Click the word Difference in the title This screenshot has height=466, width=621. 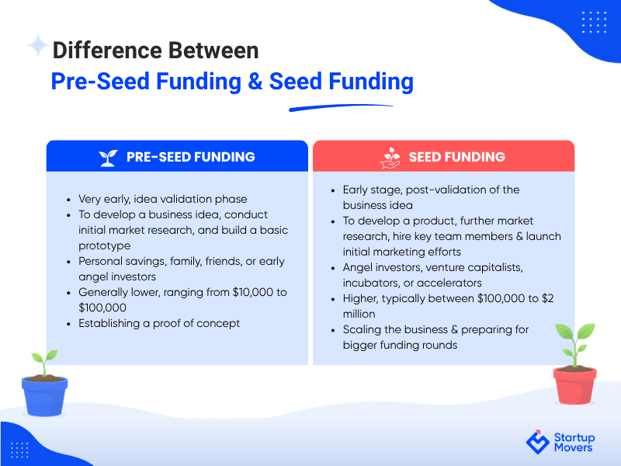point(106,50)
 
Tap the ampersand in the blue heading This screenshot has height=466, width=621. point(255,82)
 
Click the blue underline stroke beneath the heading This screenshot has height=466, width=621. point(341,107)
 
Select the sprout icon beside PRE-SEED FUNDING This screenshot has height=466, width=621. point(108,158)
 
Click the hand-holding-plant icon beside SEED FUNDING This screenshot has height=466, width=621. point(390,158)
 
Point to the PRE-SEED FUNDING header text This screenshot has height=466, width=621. point(190,157)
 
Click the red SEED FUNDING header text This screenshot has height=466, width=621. point(457,157)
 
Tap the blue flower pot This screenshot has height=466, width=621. point(44,396)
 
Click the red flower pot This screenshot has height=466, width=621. point(574,385)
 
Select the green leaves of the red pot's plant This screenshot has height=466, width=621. point(575,338)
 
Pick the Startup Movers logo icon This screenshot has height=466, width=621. point(537,442)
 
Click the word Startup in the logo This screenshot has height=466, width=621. point(574,437)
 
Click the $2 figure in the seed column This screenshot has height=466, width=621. point(548,298)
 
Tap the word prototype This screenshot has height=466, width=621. point(105,246)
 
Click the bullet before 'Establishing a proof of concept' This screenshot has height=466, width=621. point(69,324)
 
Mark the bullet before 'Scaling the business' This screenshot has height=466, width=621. point(333,331)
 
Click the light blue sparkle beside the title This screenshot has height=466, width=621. point(38,45)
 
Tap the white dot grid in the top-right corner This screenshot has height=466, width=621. point(594,23)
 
